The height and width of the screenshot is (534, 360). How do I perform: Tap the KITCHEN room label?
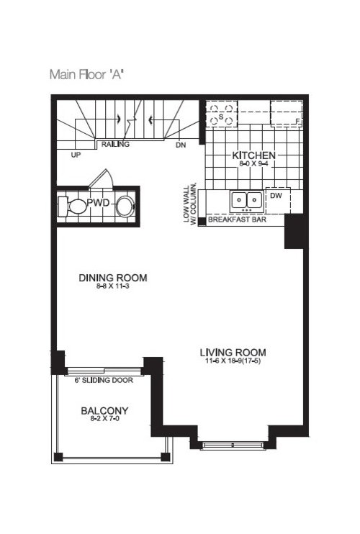pos(254,155)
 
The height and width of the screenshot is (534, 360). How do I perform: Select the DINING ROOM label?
pos(113,278)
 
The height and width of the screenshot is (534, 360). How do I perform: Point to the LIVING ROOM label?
pos(233,353)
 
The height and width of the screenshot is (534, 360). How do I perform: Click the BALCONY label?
pos(104,411)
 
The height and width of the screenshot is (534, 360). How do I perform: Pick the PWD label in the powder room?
pos(98,204)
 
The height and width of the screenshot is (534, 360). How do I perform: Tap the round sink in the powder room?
pos(125,206)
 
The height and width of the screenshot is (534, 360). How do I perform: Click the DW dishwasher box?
pos(276,195)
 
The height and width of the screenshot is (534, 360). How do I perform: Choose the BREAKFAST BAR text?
pos(237,220)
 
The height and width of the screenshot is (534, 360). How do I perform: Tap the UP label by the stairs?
pos(76,154)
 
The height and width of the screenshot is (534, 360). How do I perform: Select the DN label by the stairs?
pos(180,145)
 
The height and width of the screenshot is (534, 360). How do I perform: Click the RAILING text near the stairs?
pos(115,145)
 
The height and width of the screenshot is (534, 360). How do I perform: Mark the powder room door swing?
pos(102,176)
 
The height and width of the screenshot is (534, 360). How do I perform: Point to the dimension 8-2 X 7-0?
pos(104,421)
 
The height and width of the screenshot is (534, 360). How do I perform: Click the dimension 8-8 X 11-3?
pos(113,287)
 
